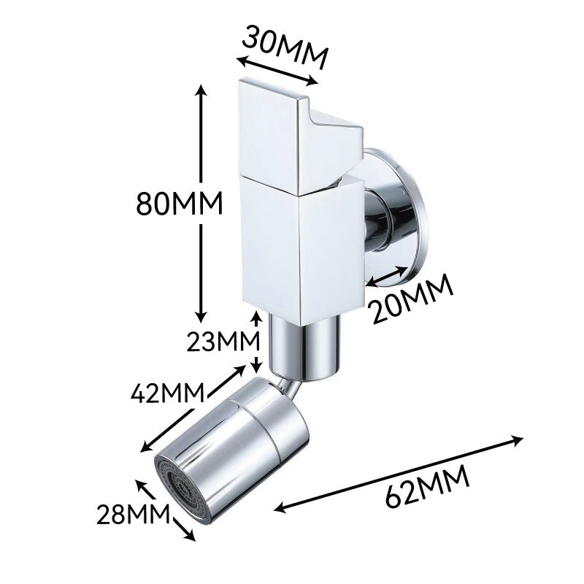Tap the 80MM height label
coord(179,204)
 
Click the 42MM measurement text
coord(168,393)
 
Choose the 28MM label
coord(133,515)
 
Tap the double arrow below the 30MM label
coord(277,72)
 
